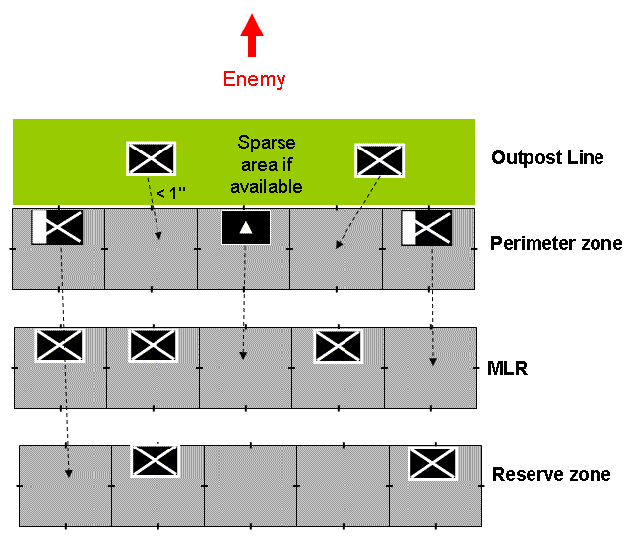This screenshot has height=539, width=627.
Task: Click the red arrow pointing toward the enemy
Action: click(x=253, y=35)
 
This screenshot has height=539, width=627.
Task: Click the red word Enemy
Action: click(x=254, y=79)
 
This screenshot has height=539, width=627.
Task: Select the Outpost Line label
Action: click(x=547, y=157)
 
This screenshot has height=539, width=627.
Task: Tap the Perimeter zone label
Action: click(x=555, y=242)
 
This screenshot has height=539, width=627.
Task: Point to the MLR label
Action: click(x=508, y=368)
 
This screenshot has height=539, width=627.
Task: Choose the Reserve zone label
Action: click(x=551, y=475)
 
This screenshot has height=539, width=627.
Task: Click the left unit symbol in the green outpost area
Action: click(x=152, y=158)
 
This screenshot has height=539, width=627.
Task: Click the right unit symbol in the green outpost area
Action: click(x=379, y=159)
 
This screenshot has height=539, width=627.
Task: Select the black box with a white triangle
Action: click(x=246, y=227)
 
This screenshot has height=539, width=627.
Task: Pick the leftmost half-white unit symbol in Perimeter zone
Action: click(x=57, y=227)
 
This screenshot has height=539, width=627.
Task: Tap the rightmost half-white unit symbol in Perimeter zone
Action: click(x=426, y=228)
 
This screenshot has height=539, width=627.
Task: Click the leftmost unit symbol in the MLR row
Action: click(x=60, y=345)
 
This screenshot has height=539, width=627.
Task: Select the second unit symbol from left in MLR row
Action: click(x=153, y=345)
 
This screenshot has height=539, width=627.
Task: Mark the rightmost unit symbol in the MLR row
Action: click(x=338, y=345)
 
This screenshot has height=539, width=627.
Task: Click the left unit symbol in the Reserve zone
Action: click(x=157, y=461)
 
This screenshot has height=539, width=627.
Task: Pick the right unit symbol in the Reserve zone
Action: click(x=434, y=462)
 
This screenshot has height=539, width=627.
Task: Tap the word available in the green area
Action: click(x=270, y=186)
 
